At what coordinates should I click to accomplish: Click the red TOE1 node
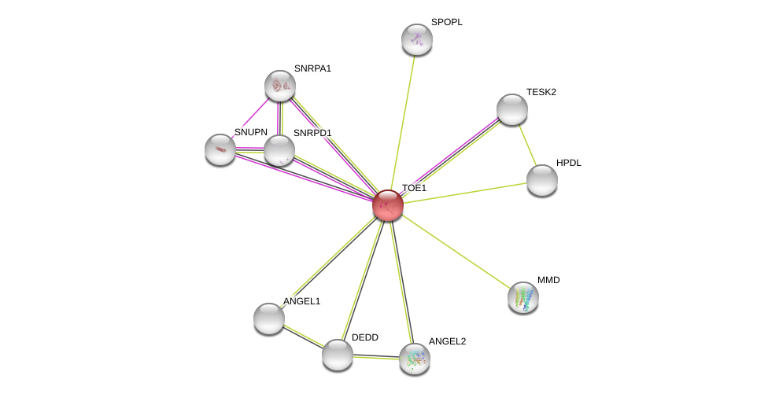coord(388,205)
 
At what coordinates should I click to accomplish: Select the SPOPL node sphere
coord(417,39)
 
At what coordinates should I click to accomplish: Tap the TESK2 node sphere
coord(511,109)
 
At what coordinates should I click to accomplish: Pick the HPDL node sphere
coord(541,181)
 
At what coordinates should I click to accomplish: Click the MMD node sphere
coord(523,297)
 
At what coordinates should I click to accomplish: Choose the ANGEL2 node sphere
coord(415,359)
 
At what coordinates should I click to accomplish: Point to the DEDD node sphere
coord(337,355)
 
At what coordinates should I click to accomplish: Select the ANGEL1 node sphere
coord(269,319)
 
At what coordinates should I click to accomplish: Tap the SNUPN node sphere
coord(220,149)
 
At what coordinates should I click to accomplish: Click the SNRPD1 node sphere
coord(279,150)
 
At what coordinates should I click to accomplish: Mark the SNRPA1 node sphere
coord(279,86)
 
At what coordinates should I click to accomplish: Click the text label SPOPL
coord(447,22)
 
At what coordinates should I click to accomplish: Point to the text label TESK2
coord(541,92)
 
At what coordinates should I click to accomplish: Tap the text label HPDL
coord(569,163)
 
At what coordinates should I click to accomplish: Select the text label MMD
coord(548,280)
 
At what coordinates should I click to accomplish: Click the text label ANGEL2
coord(447,341)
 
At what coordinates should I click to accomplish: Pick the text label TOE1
coord(415,188)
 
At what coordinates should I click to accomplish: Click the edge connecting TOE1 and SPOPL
coord(403,123)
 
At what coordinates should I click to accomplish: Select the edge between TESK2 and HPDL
coord(527,145)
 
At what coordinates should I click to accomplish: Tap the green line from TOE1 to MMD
coord(456,252)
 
